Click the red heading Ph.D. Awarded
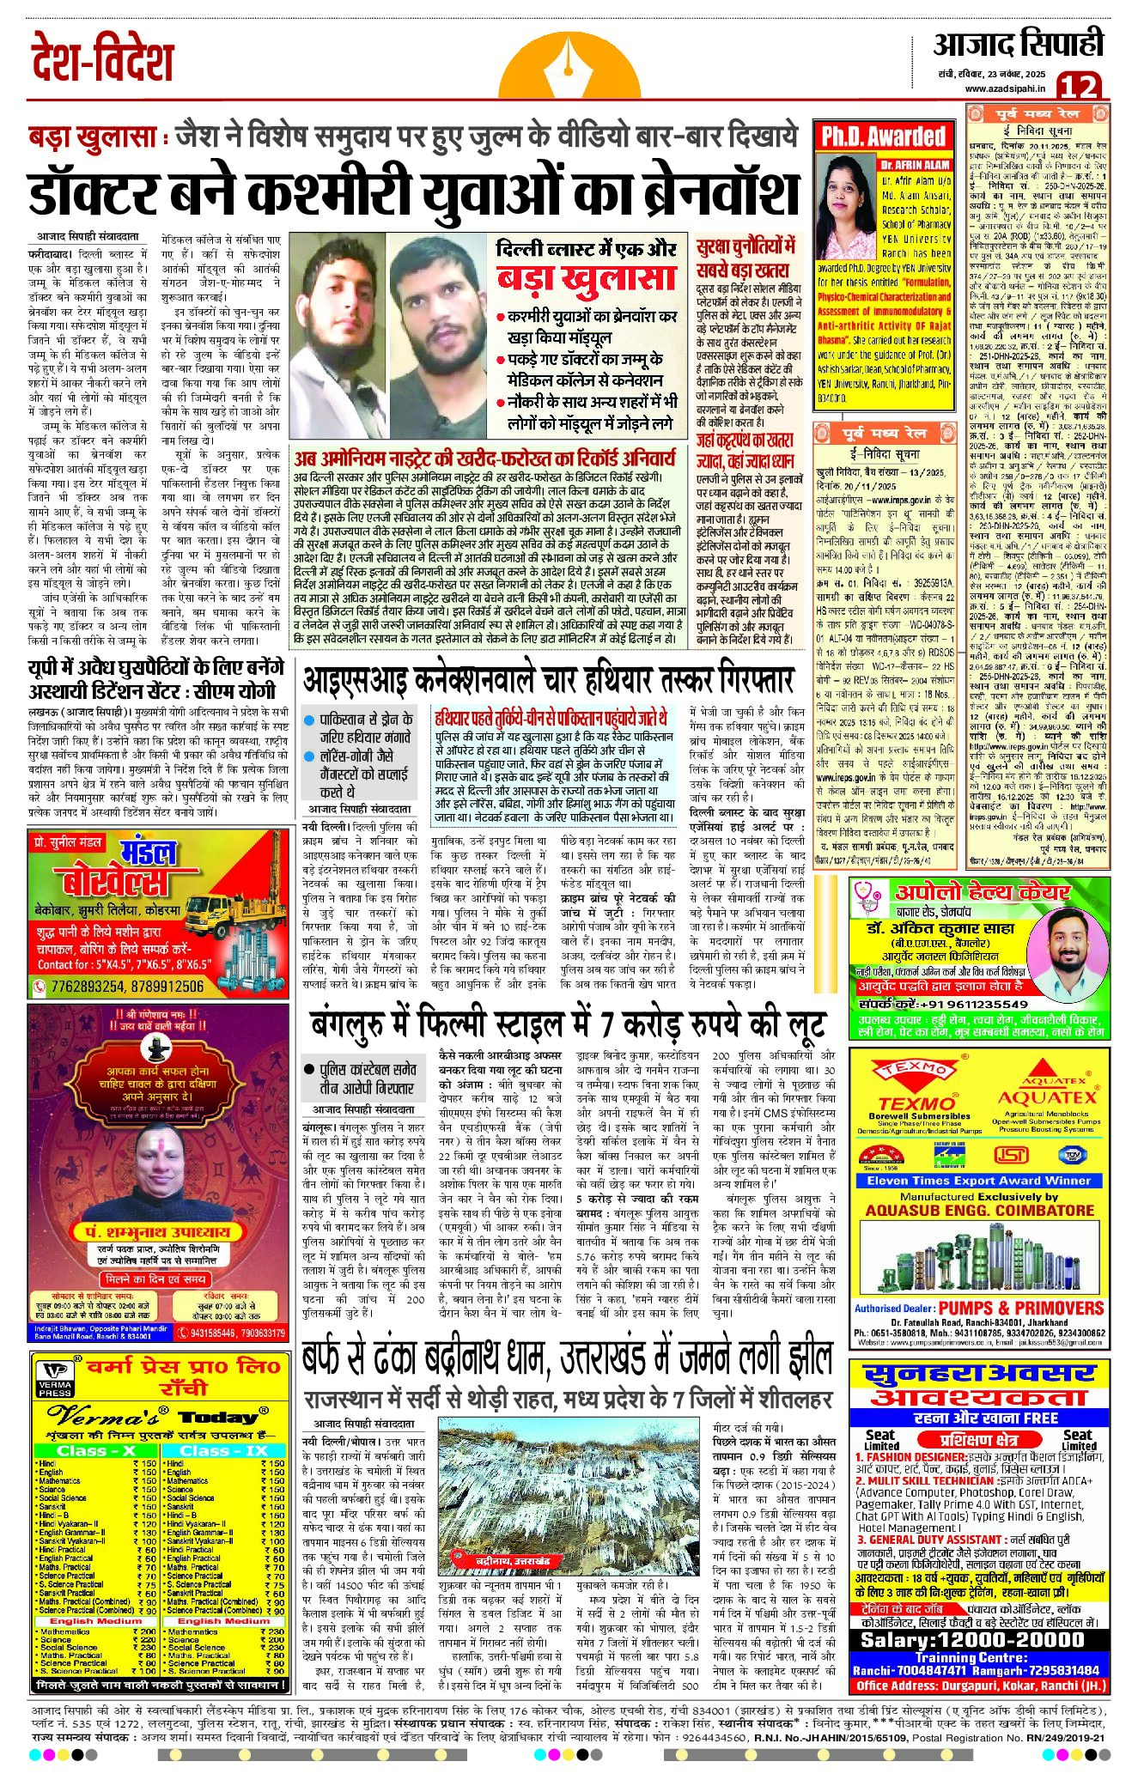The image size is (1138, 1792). (883, 137)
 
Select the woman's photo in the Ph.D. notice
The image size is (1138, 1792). (843, 203)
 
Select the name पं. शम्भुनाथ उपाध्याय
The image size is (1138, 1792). (157, 1231)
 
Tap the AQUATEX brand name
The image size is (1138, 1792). (1046, 1096)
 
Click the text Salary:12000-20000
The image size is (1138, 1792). (972, 1638)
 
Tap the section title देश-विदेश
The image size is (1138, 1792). (103, 58)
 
